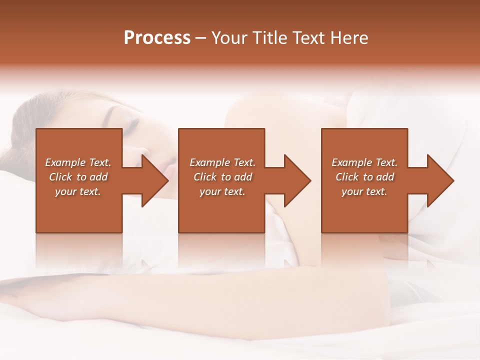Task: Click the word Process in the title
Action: [157, 38]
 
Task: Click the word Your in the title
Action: [229, 38]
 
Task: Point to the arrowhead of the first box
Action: [155, 180]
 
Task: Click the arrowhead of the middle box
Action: [297, 180]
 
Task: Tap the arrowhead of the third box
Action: [440, 180]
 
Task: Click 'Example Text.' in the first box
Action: [78, 162]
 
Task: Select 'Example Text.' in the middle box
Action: [222, 162]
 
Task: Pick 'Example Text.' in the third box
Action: [364, 162]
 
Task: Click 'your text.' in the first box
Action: [78, 191]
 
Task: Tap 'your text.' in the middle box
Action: [222, 191]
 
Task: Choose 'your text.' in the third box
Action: [364, 191]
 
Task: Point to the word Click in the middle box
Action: [205, 177]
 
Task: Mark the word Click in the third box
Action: [347, 177]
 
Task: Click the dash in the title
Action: [201, 38]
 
